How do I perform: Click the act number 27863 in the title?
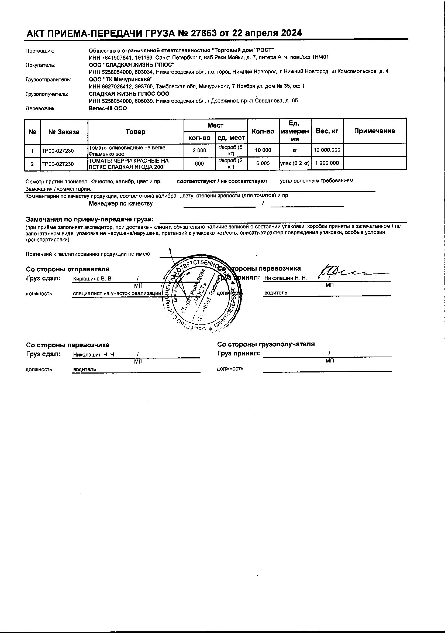[x=202, y=33]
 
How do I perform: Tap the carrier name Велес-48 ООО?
[x=108, y=108]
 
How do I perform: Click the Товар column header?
[x=136, y=132]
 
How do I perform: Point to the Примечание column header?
[x=374, y=131]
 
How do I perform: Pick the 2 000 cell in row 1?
[x=199, y=150]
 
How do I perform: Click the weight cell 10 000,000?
[x=327, y=150]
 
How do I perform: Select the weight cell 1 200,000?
[x=327, y=163]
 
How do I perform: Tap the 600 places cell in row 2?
[x=199, y=164]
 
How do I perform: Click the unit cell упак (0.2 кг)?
[x=295, y=163]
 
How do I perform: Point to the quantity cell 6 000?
[x=263, y=163]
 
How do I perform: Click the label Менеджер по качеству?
[x=121, y=204]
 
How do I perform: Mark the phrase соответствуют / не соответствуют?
[x=222, y=181]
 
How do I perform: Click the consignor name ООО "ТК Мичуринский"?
[x=121, y=79]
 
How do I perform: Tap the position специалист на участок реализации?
[x=117, y=293]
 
